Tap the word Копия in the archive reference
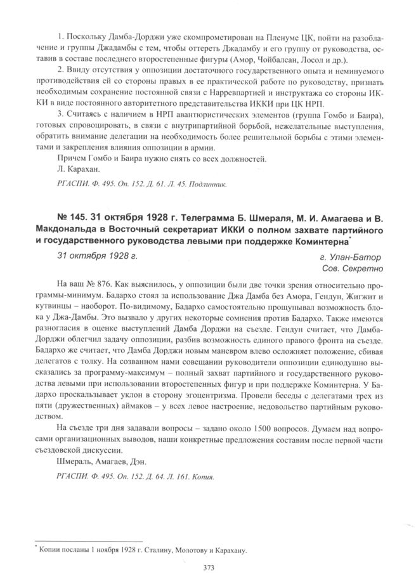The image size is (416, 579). point(202,474)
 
